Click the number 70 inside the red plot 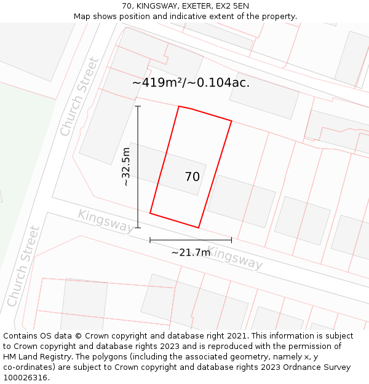pyautogui.click(x=192, y=177)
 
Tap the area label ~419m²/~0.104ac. pyautogui.click(x=191, y=82)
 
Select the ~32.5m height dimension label pyautogui.click(x=126, y=167)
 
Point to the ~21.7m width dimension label pyautogui.click(x=191, y=252)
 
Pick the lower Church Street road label pyautogui.click(x=24, y=267)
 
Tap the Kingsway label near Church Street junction pyautogui.click(x=105, y=221)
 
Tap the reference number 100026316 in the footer pyautogui.click(x=25, y=377)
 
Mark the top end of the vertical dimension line pyautogui.click(x=138, y=106)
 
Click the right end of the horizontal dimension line pyautogui.click(x=231, y=240)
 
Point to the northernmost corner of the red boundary pyautogui.click(x=179, y=106)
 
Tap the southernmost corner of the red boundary pyautogui.click(x=199, y=228)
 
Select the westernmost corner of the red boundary pyautogui.click(x=150, y=214)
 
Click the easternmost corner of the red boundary pyautogui.click(x=231, y=121)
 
